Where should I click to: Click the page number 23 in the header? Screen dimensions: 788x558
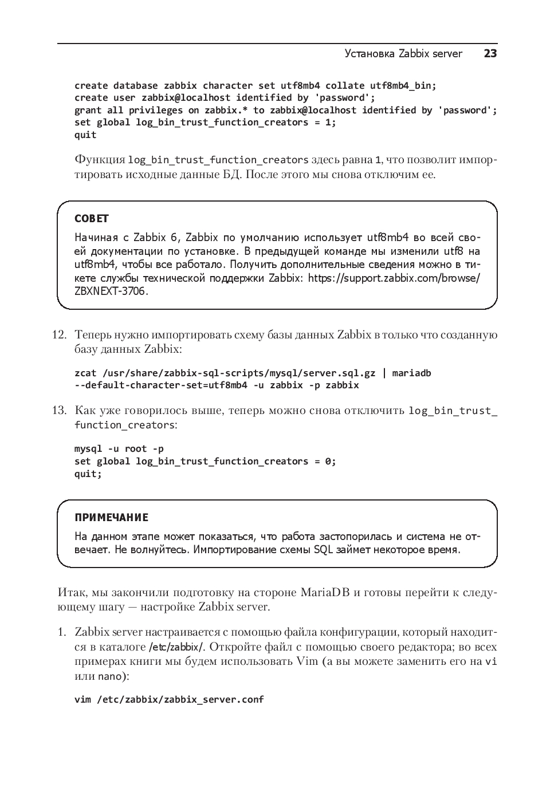coord(490,54)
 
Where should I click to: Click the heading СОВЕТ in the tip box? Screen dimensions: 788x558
coord(92,219)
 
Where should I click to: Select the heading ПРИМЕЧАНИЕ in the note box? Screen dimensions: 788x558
coord(111,518)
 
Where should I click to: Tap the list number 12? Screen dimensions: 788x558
coord(60,335)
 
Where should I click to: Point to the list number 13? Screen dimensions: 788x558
coord(60,411)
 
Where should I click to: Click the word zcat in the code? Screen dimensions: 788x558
coord(85,373)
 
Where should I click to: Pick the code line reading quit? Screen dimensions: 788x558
coord(88,474)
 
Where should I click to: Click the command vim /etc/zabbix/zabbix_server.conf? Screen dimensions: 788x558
coord(169,700)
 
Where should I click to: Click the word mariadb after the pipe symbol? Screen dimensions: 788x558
coord(411,373)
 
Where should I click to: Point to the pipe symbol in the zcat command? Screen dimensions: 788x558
coord(384,373)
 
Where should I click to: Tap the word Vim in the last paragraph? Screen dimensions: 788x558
coord(307,662)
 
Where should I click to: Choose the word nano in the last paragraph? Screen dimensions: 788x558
coord(109,677)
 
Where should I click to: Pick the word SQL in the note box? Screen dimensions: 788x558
coord(323,550)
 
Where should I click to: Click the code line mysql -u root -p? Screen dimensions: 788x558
coord(119,449)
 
